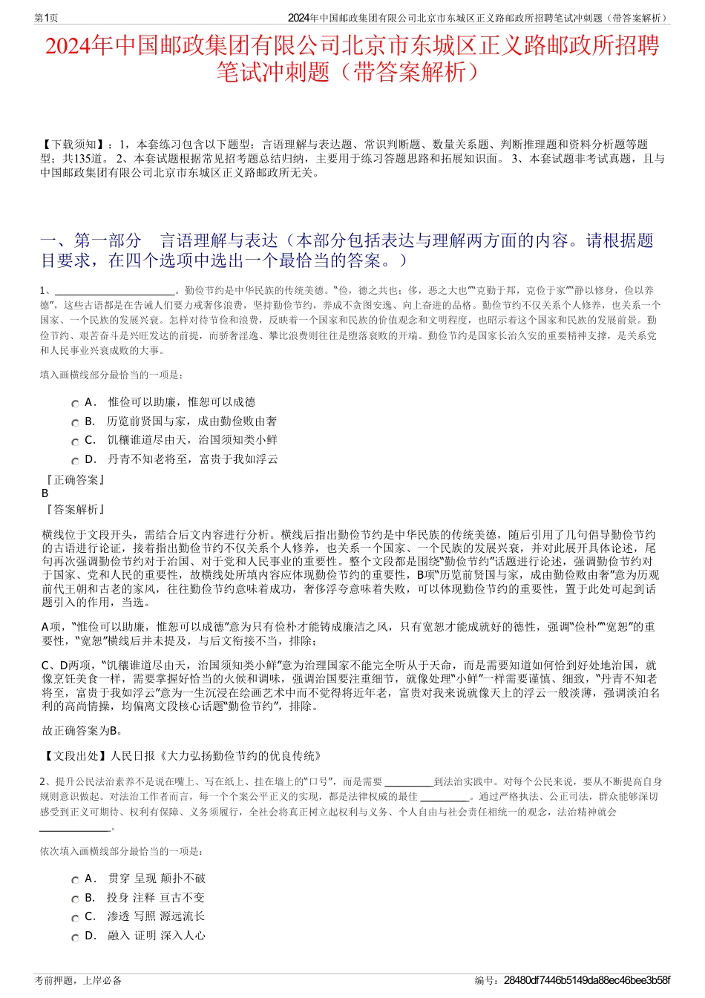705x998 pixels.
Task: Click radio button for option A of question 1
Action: tap(75, 404)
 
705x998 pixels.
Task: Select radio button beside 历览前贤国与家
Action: tap(75, 423)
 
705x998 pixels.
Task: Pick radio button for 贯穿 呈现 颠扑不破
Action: tap(75, 881)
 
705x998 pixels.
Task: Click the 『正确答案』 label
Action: tap(75, 480)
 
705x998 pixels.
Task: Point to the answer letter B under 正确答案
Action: tap(45, 493)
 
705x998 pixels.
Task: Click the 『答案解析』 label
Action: tap(75, 510)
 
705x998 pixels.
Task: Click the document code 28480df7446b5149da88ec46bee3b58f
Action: tap(586, 981)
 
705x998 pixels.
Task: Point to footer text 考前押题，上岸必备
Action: tap(78, 981)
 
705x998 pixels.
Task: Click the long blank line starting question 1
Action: tap(114, 292)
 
